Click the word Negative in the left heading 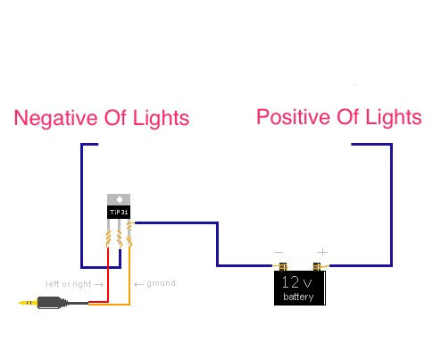tap(56, 119)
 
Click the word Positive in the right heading tap(293, 117)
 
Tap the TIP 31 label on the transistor tap(119, 213)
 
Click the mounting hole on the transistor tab tap(120, 199)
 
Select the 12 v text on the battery tap(296, 282)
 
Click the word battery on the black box tap(298, 297)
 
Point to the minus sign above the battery tap(279, 252)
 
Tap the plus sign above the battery tap(322, 252)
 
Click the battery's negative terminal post tap(283, 267)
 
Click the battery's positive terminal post tap(317, 267)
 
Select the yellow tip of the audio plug tap(28, 303)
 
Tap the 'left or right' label tap(69, 284)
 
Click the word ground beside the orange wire tap(161, 283)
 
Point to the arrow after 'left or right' tap(98, 284)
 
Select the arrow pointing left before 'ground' tap(138, 284)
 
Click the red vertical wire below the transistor tap(108, 275)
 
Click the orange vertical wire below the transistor tap(129, 275)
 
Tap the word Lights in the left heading tap(161, 119)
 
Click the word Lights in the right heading tap(394, 117)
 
